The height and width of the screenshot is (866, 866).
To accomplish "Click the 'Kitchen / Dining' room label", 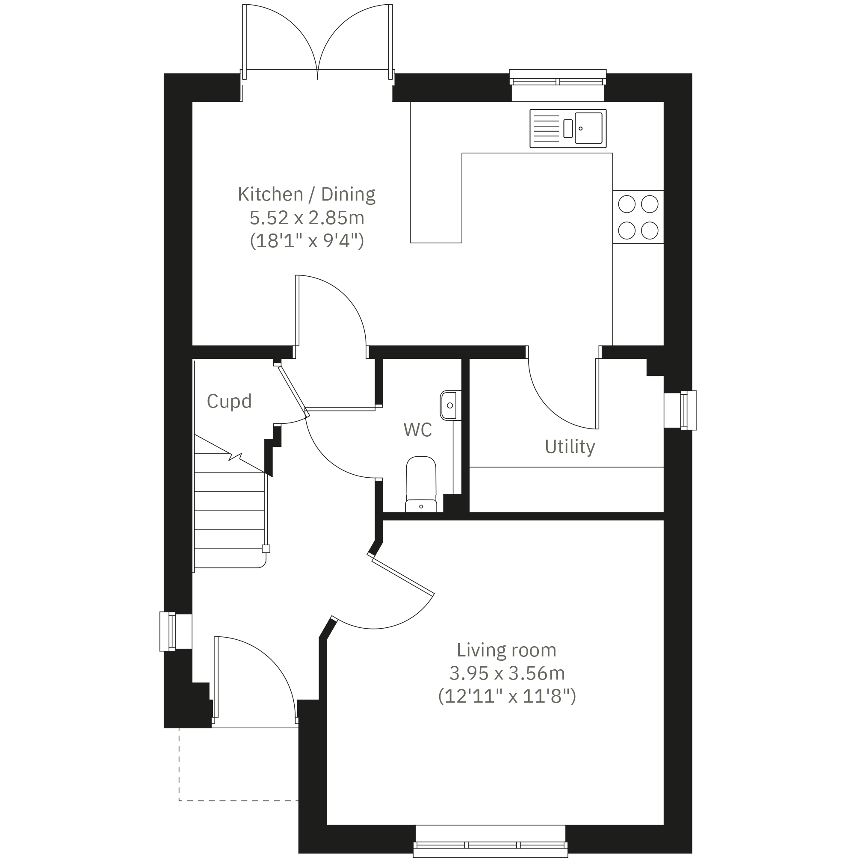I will click(307, 195).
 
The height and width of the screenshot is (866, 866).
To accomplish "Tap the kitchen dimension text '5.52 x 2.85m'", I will click(307, 218).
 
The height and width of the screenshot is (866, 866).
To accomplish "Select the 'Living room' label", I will click(506, 650).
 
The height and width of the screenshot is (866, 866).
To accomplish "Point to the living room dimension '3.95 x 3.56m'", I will click(506, 673).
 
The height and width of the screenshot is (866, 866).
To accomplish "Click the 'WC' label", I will click(417, 430).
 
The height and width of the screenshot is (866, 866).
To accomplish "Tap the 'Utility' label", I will click(570, 446).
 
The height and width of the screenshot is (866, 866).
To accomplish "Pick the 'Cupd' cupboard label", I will click(229, 401).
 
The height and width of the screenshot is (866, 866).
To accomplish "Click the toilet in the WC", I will click(421, 484).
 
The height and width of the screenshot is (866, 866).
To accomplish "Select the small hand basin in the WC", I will click(450, 406).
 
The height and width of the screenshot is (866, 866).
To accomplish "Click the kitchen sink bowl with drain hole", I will click(588, 128).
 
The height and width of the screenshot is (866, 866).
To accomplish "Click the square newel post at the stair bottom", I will click(266, 549).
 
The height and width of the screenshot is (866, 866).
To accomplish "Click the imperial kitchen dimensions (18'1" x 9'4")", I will click(307, 241).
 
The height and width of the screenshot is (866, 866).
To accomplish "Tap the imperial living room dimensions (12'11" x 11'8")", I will click(506, 697).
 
